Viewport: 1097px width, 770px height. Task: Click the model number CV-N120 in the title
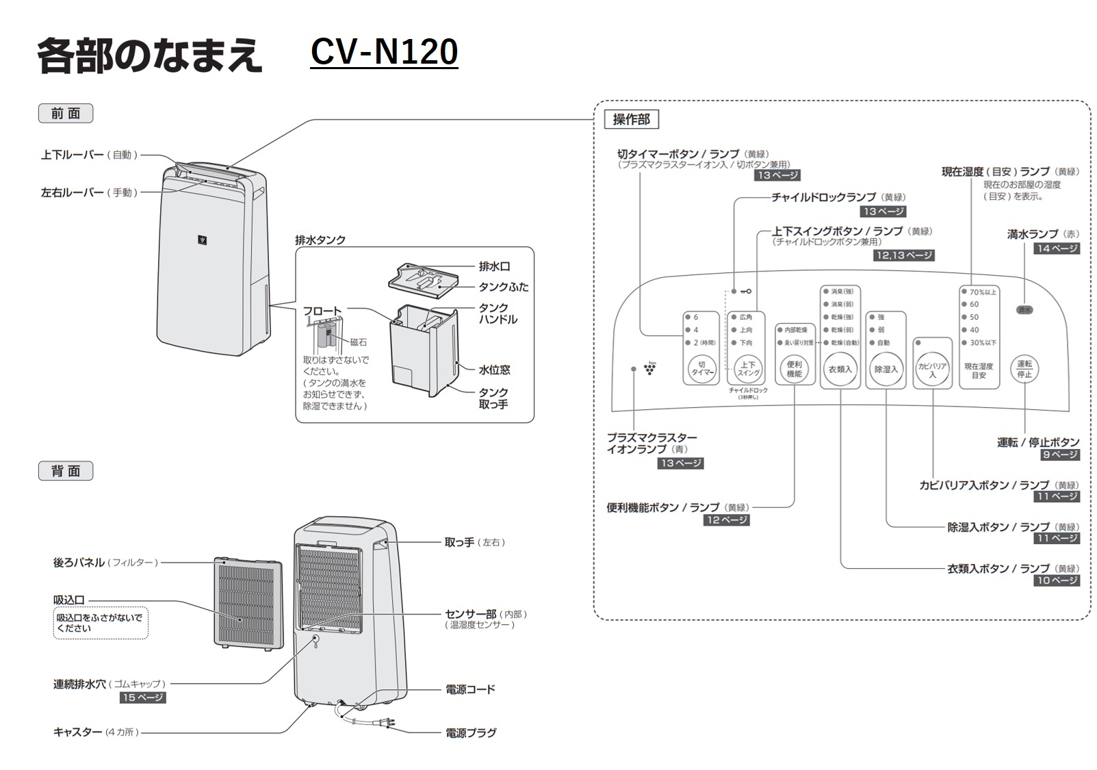pos(384,52)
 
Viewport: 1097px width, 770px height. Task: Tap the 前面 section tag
pos(66,114)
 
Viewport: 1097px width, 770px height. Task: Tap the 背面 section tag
pos(66,471)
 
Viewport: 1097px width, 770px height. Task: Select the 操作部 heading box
pos(631,120)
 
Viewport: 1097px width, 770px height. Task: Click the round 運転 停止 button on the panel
pos(1024,370)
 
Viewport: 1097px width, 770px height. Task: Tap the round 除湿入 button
pos(886,370)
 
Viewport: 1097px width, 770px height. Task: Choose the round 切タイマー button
pos(702,370)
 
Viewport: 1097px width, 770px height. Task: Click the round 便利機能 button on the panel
pos(794,370)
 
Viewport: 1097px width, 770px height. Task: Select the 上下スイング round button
pos(748,370)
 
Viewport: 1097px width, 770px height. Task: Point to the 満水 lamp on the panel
pos(1024,310)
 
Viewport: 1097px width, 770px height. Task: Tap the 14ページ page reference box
pos(1057,248)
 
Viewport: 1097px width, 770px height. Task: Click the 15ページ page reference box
pos(143,697)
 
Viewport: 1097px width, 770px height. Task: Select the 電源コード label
pos(470,689)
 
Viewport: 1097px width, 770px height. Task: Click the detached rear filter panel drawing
pos(248,603)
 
